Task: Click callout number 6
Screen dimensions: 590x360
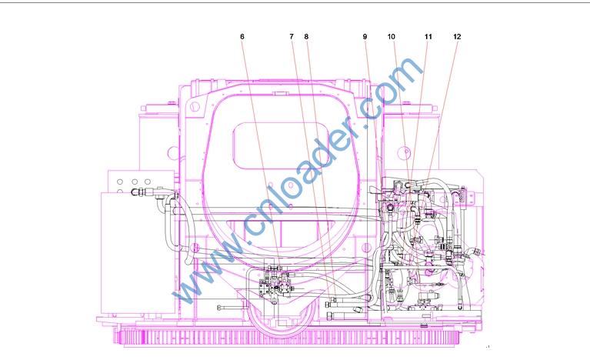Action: pyautogui.click(x=242, y=36)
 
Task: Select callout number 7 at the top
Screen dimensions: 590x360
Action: pyautogui.click(x=292, y=36)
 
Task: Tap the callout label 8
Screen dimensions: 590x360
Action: pyautogui.click(x=306, y=36)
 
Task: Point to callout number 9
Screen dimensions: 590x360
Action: pyautogui.click(x=365, y=36)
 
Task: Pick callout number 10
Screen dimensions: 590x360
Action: pyautogui.click(x=392, y=36)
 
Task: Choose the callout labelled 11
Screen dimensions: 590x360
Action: pyautogui.click(x=428, y=36)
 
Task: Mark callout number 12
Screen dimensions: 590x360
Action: pyautogui.click(x=457, y=36)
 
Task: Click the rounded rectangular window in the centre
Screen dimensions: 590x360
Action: pyautogui.click(x=282, y=145)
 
